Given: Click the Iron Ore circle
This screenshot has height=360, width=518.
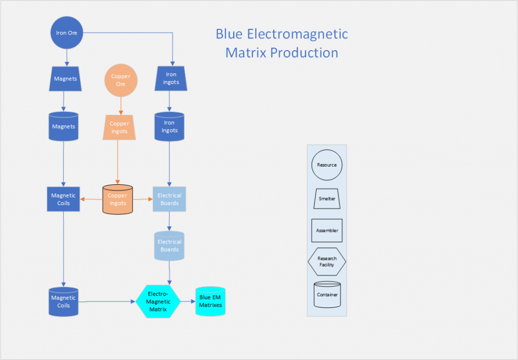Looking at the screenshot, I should (67, 33).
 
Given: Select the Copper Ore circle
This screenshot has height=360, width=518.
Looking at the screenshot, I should (120, 80).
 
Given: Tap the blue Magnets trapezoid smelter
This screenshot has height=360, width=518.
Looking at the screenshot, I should (66, 79).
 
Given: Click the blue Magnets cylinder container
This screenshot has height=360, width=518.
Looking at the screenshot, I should (64, 126).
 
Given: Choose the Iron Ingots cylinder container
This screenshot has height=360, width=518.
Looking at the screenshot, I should (169, 127).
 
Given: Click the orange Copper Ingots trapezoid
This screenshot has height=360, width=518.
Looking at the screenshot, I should (119, 128).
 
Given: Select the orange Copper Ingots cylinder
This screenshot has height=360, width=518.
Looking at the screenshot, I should (117, 199).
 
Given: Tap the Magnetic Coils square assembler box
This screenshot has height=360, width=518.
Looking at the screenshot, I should (64, 199).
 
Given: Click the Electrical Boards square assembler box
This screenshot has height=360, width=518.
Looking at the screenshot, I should (169, 199).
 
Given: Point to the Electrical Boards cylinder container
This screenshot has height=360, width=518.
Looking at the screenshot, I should (169, 246).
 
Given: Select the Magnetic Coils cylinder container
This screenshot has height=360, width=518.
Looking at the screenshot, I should (64, 302).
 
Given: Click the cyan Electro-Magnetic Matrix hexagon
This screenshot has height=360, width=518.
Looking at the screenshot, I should (158, 302).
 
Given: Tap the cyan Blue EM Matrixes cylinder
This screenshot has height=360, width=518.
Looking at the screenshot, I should (210, 302).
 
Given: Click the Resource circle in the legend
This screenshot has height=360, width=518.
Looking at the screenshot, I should (327, 165).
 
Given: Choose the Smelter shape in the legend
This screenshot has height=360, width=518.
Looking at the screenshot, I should (327, 198).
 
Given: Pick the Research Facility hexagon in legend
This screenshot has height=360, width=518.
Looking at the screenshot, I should (327, 262).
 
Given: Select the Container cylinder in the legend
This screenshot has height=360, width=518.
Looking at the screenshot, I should (327, 295).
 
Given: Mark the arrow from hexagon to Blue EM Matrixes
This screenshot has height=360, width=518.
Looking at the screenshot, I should (188, 302).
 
